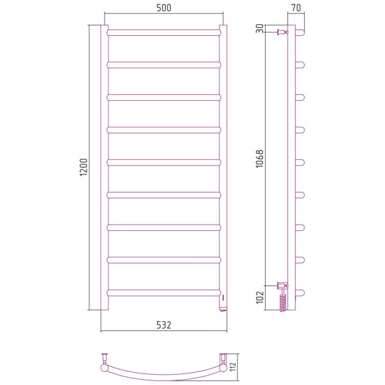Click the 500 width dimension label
(x=164, y=8)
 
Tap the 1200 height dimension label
(x=83, y=167)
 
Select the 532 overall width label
(x=164, y=325)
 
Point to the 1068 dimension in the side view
(x=259, y=159)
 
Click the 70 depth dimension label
(x=296, y=8)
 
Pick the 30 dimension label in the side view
(x=259, y=28)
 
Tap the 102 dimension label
(x=259, y=297)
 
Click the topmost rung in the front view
(x=164, y=33)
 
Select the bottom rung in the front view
(x=164, y=293)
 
